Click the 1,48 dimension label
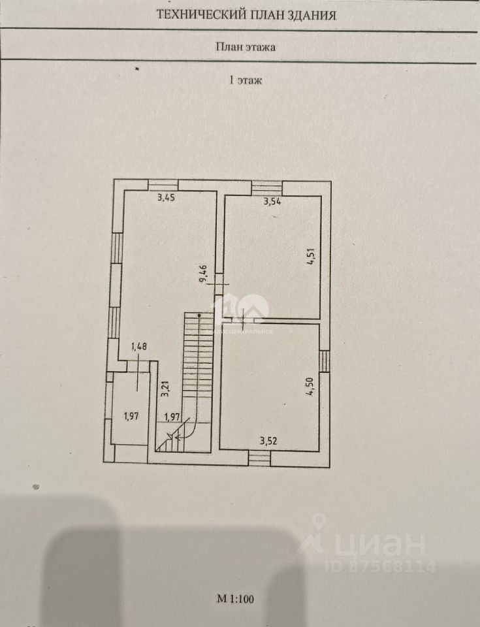pos(138,347)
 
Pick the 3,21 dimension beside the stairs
pos(165,389)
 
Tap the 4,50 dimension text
pos(312,387)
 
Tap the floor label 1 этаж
pos(245,81)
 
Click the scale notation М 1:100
pos(240,598)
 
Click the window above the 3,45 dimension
pos(162,185)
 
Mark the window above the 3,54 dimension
pos(266,187)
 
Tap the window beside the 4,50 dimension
pos(324,361)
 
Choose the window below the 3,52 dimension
pos(260,458)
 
